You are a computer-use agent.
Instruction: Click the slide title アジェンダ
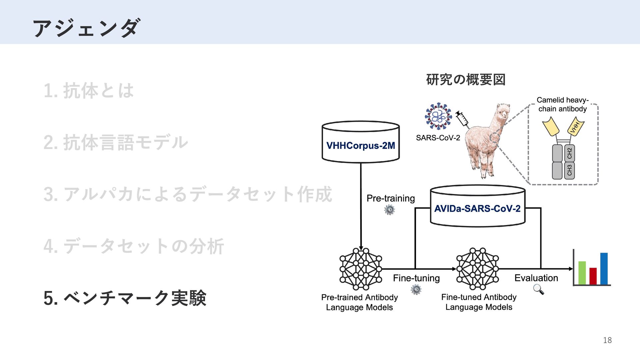[86, 28]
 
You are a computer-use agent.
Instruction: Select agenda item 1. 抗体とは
[89, 91]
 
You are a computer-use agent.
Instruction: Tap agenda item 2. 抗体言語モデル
[116, 142]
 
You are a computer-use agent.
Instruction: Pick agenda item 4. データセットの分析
[134, 246]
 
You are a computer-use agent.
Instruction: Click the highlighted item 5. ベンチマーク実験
[125, 298]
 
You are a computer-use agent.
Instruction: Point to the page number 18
[607, 340]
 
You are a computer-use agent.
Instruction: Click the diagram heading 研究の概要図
[466, 80]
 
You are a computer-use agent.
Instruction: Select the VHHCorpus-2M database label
[361, 146]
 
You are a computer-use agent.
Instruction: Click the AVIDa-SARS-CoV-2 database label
[477, 209]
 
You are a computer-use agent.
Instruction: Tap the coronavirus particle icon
[439, 116]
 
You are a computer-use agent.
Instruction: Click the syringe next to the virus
[463, 119]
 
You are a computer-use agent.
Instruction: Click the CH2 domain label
[569, 153]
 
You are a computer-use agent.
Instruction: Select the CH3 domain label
[569, 170]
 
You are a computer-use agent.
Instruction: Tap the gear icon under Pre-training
[389, 210]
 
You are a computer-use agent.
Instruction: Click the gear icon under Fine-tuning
[416, 289]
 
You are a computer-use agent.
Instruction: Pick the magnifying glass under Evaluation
[538, 289]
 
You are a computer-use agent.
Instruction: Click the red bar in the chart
[593, 276]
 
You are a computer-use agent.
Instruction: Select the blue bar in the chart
[604, 268]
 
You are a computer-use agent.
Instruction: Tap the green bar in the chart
[582, 273]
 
